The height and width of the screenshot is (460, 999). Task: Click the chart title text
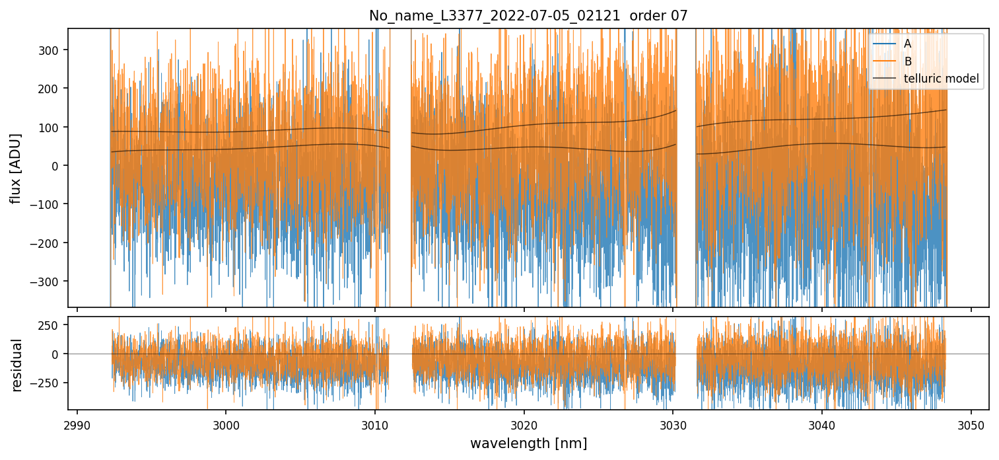tap(528, 16)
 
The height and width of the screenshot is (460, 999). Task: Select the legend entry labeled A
tap(907, 44)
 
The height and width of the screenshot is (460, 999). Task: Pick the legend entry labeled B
tap(907, 61)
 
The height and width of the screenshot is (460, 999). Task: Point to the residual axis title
tap(17, 365)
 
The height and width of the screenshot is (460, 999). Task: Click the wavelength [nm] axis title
tap(528, 443)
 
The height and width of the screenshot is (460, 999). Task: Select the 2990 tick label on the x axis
tap(77, 424)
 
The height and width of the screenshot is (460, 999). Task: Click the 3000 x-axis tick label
tap(226, 424)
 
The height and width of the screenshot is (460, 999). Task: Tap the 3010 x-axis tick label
tap(375, 424)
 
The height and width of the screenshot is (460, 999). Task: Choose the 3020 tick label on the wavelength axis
tap(524, 424)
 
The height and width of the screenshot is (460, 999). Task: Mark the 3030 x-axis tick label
tap(673, 424)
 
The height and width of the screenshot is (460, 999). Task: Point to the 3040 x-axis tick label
tap(821, 424)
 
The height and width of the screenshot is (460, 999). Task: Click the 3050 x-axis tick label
tap(971, 424)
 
